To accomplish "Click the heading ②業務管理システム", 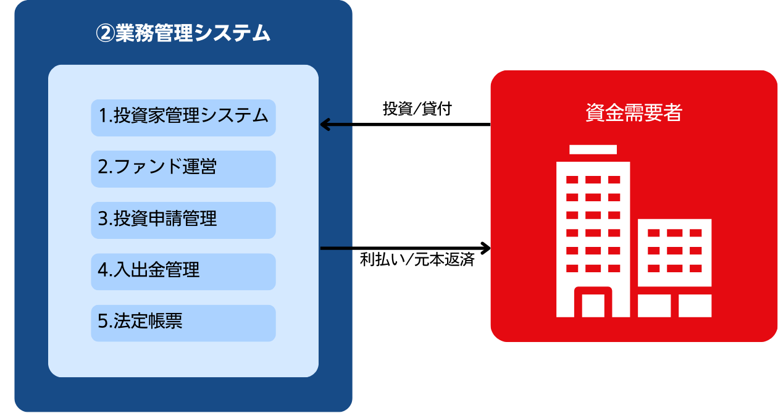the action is coord(183,33).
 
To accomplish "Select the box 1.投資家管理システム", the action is coord(183,118).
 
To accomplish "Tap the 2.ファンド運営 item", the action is coord(183,169).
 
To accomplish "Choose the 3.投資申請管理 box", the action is coord(183,220).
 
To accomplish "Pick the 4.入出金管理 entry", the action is coord(183,272).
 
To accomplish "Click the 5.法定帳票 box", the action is coord(183,323).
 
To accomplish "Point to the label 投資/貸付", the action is coord(417,109).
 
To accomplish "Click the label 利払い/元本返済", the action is coord(417,259).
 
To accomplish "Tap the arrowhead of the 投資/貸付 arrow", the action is coord(324,124).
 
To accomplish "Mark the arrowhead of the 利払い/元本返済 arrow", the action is coord(487,248).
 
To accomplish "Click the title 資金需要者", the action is coord(634,112).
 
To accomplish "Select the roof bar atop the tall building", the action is coord(593,149).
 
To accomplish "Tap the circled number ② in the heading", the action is coord(105,34).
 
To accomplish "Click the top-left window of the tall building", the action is coord(572,180).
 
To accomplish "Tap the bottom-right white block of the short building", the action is coord(695,306).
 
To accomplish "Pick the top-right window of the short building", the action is coord(696,233).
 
